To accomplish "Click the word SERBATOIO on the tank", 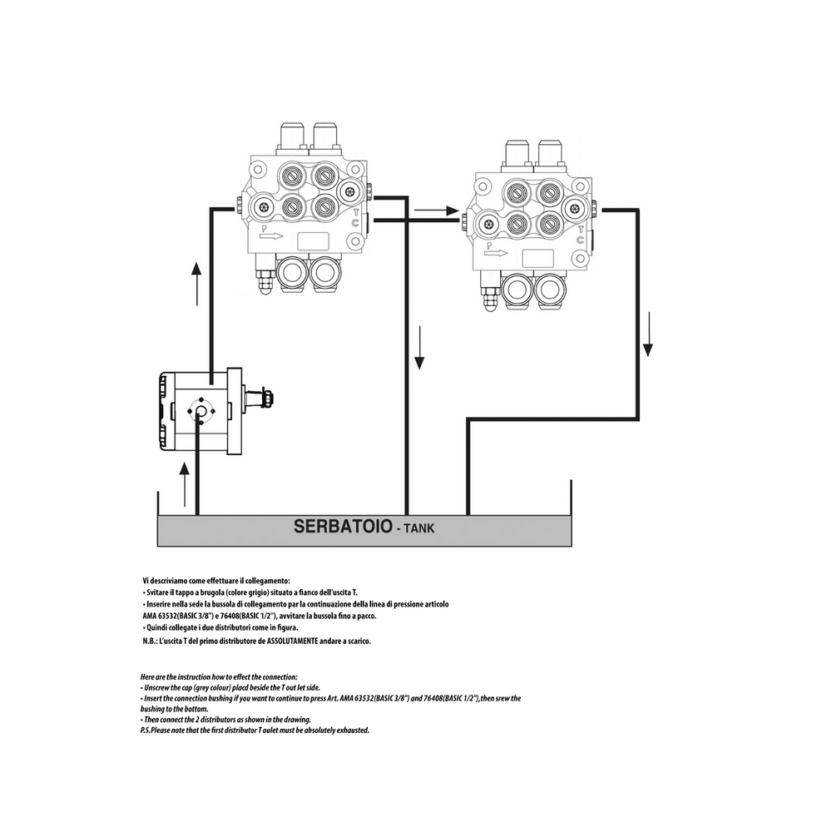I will coord(337,527).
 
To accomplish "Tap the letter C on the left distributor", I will coord(356,224).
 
